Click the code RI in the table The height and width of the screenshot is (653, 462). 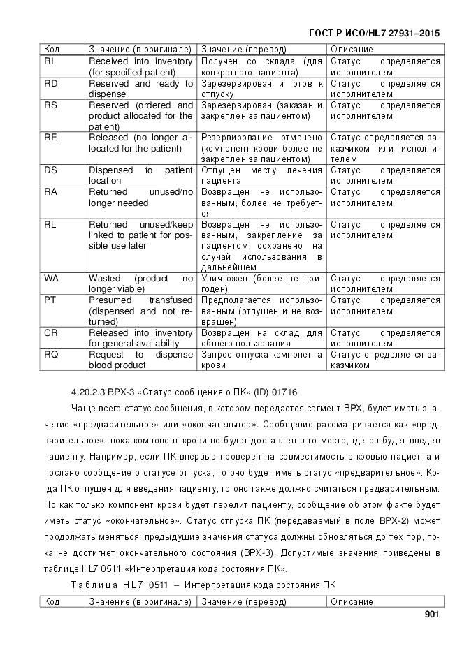tap(49, 61)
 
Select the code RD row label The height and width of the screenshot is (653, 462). tap(50, 84)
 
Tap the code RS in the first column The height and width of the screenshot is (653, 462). tap(50, 105)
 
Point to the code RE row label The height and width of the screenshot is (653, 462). tap(50, 138)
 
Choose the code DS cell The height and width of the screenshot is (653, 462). tap(50, 170)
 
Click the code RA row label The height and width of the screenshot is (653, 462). tap(50, 192)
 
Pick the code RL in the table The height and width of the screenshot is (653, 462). tap(50, 225)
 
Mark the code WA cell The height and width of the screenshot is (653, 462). tap(51, 279)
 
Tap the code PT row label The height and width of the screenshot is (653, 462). tap(50, 300)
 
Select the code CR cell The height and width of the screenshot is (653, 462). tap(50, 333)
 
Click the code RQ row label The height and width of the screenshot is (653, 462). tap(50, 355)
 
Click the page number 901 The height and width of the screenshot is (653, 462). tap(431, 615)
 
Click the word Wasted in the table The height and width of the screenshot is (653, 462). tap(105, 279)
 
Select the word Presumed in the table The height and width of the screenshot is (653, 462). tap(110, 300)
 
